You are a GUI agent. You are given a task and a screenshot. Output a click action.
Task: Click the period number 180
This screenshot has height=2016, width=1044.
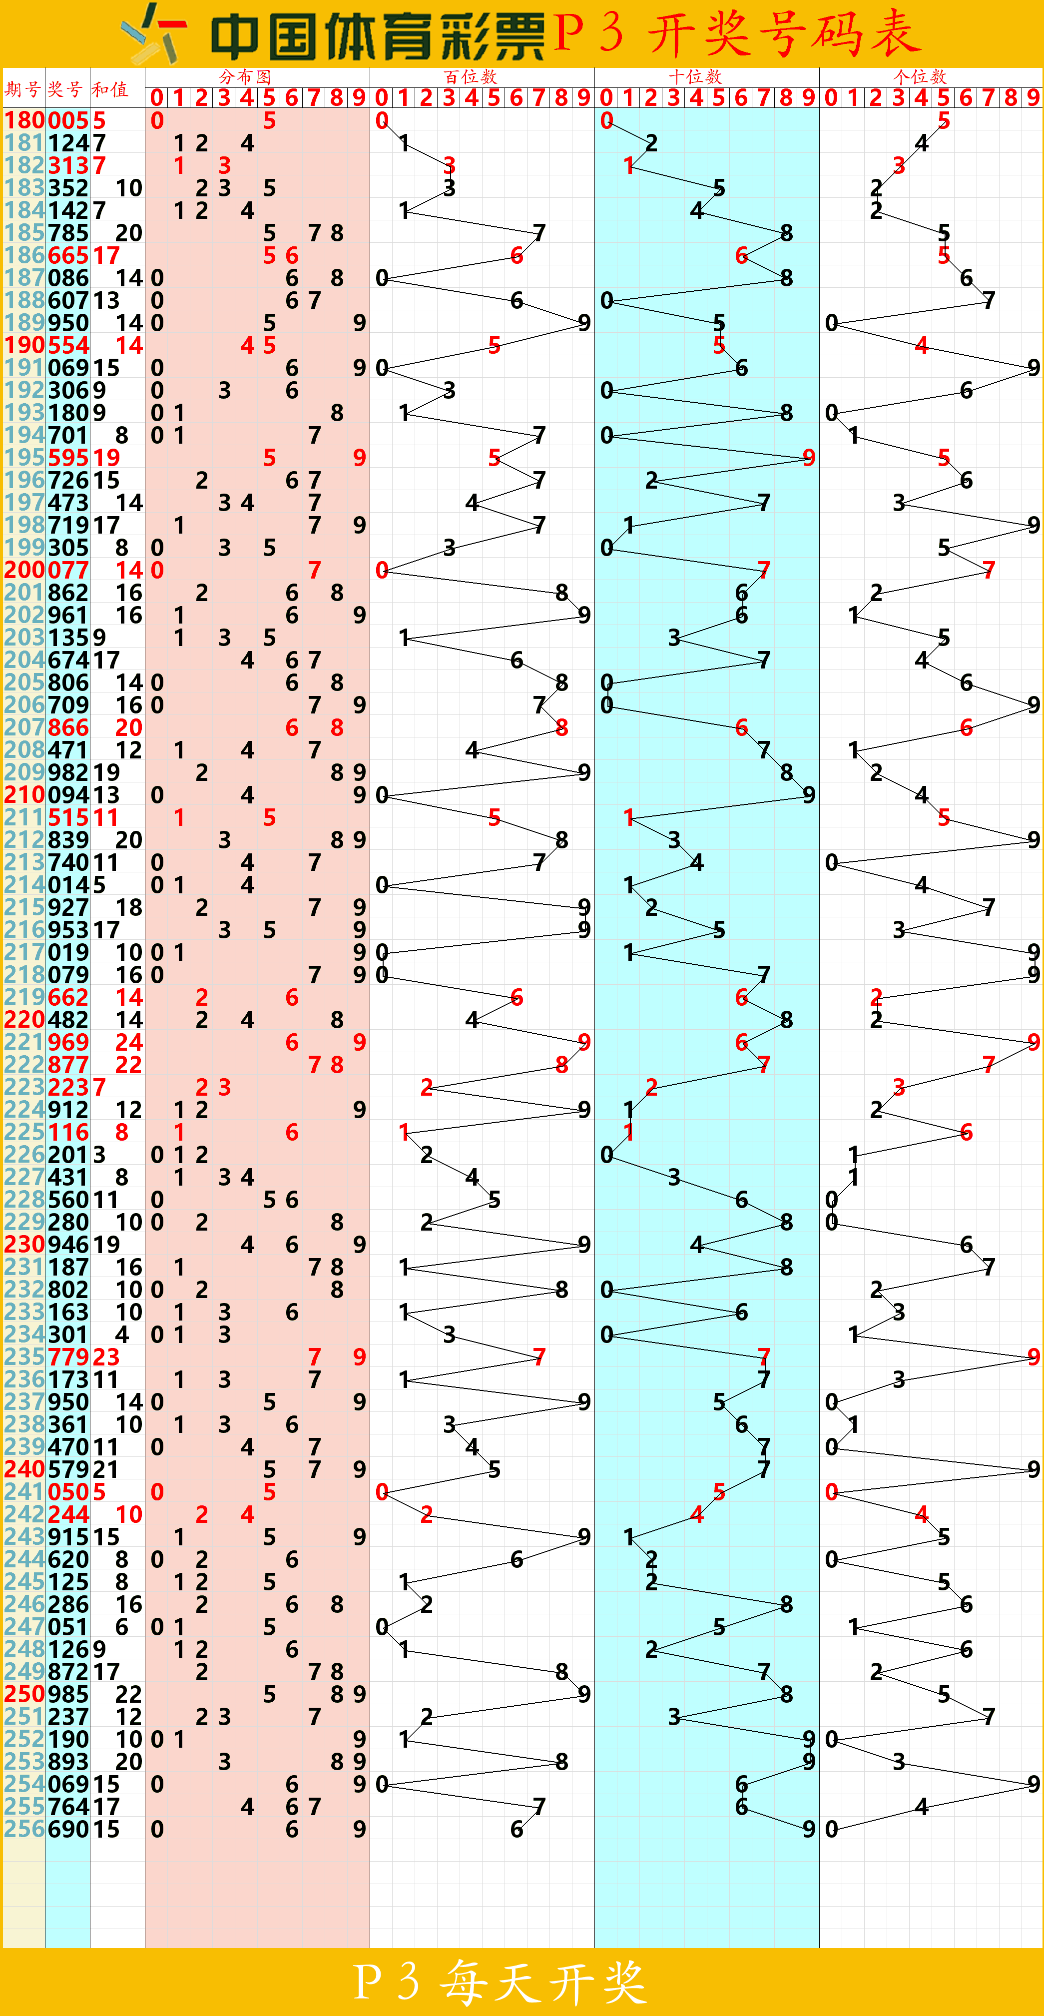24,120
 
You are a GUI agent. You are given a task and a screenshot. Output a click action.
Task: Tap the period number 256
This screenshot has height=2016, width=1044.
24,1830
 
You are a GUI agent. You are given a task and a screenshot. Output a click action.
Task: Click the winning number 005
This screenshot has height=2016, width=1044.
68,120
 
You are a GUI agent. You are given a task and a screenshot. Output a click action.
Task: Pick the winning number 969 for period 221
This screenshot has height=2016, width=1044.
68,1042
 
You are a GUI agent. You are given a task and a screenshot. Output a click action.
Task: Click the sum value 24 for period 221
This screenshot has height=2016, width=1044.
129,1042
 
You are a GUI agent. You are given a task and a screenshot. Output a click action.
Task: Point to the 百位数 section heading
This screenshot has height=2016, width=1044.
471,77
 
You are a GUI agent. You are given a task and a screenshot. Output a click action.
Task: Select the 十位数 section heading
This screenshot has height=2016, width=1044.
695,77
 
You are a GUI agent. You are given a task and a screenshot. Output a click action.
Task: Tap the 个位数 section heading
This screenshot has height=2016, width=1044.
920,77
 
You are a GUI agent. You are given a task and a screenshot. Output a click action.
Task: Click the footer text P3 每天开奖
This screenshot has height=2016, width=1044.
501,1983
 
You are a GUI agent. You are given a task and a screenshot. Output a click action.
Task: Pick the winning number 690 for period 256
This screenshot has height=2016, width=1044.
68,1830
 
